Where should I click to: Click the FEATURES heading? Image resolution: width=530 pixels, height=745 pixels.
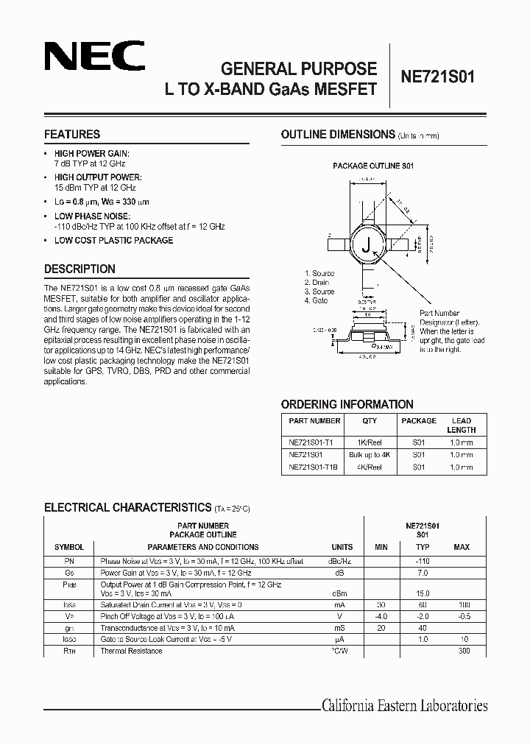(72, 135)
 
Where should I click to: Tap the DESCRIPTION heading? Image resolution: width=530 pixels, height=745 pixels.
(79, 269)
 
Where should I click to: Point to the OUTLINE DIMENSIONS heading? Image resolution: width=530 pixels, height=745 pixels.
(338, 135)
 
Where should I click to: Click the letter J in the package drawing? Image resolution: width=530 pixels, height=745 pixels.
(364, 247)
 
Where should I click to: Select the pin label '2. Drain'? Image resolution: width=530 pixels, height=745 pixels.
(317, 283)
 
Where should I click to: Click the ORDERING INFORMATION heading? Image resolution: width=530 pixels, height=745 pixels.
(347, 404)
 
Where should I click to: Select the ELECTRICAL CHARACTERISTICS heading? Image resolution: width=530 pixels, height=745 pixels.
(127, 508)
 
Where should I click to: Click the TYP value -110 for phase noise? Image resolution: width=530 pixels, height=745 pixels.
(422, 560)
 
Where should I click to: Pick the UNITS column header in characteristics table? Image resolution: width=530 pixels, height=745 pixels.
(342, 547)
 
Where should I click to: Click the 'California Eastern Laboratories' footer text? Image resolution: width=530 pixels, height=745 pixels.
(404, 706)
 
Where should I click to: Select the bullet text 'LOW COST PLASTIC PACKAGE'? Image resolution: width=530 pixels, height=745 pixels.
(113, 241)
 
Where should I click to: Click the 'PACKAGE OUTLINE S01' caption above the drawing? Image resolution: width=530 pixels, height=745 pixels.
(373, 166)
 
